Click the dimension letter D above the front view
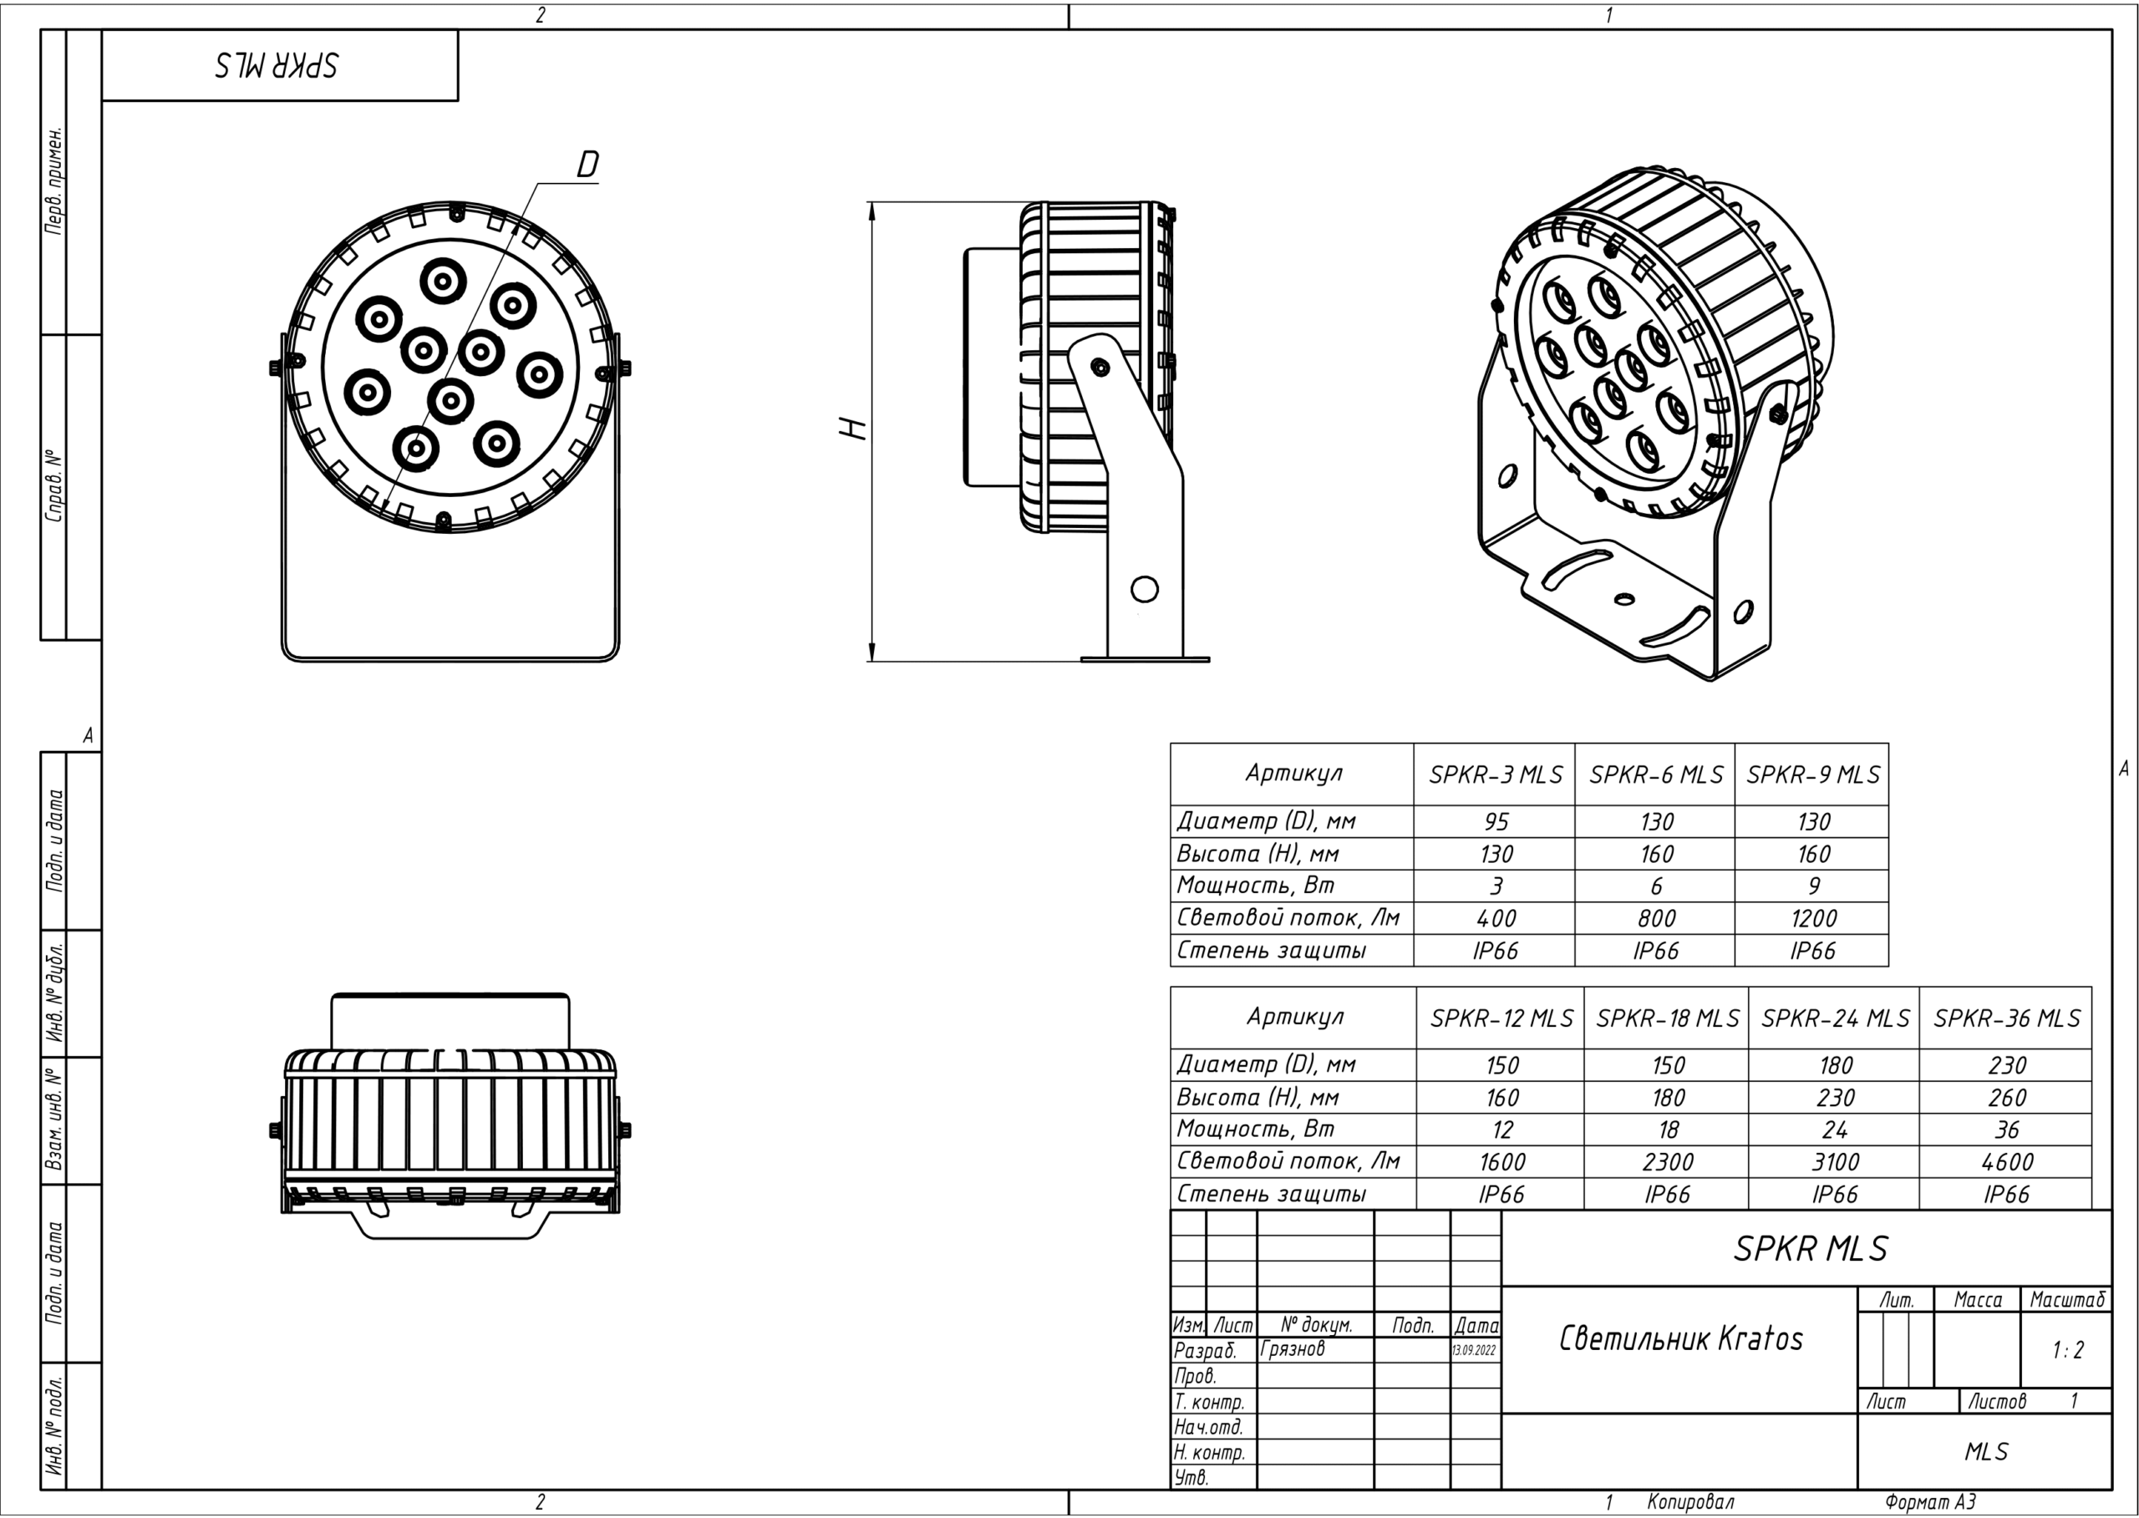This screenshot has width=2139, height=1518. (587, 165)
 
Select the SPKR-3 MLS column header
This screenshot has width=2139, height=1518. (1495, 775)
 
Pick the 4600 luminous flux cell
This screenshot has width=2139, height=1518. (2006, 1162)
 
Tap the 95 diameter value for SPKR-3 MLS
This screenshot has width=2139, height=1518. (1496, 821)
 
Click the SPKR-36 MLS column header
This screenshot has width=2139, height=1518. (2006, 1018)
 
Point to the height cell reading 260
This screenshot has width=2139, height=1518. (2006, 1098)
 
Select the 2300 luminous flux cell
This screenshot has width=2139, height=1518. (1667, 1162)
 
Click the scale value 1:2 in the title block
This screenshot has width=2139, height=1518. (2067, 1350)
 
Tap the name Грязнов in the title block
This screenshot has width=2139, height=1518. (1292, 1348)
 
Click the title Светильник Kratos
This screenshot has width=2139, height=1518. (1680, 1338)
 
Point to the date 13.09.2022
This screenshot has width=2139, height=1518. (1474, 1351)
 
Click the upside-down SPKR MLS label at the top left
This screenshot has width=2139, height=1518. (277, 65)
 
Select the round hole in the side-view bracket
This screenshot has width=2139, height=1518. (1145, 589)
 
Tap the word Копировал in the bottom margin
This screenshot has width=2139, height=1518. (1690, 1502)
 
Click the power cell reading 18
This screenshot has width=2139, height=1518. (1668, 1130)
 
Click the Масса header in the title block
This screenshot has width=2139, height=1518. (1977, 1300)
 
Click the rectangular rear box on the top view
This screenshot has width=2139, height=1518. (450, 1022)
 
